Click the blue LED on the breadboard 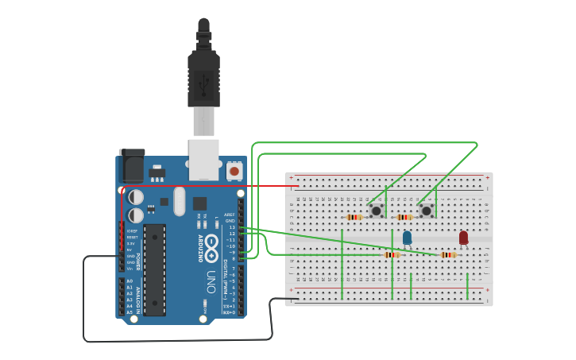[407, 237]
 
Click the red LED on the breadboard [463, 237]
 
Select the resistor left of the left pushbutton [354, 217]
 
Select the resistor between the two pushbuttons [405, 217]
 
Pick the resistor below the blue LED [391, 255]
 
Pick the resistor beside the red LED [448, 255]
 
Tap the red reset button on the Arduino [234, 170]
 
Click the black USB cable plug [203, 75]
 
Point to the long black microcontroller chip [154, 269]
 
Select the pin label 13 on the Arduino [231, 226]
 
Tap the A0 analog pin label [130, 281]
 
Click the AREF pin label [230, 215]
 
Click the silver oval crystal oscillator [179, 200]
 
